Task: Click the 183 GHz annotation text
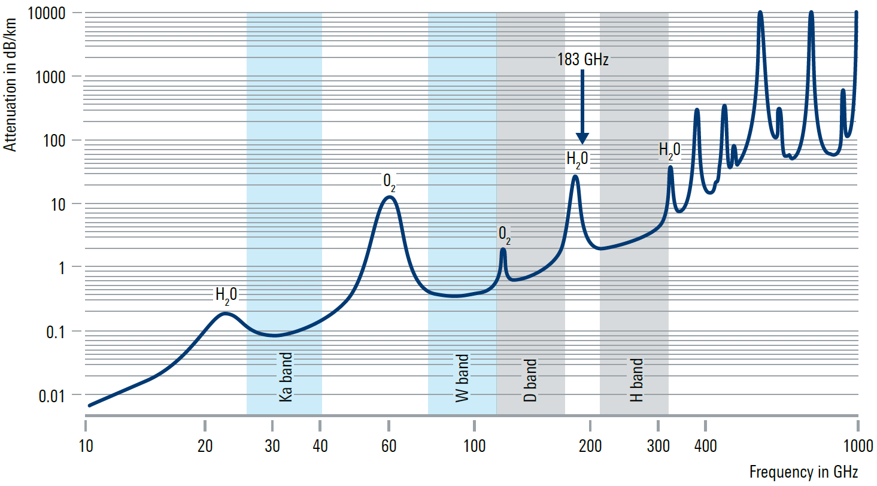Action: tap(582, 60)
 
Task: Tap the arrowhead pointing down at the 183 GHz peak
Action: tap(582, 139)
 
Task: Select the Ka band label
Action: tap(286, 376)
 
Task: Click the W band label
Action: tap(462, 378)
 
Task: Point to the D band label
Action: tap(530, 381)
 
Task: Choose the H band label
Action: tap(636, 380)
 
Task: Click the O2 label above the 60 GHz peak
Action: tap(389, 180)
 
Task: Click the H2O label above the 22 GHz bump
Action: tap(226, 294)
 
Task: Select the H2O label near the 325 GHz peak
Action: tap(669, 151)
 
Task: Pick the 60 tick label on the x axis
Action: tap(389, 446)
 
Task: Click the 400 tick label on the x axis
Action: tap(705, 446)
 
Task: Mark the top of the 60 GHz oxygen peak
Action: tap(390, 197)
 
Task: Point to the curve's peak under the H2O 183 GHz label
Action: tap(575, 176)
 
